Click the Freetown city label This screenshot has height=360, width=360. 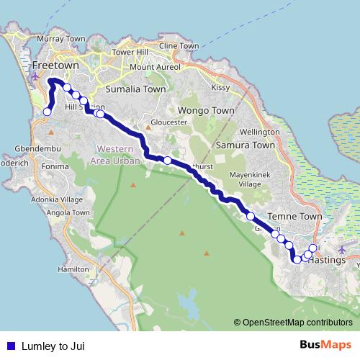[55, 66]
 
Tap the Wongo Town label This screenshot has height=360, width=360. [206, 112]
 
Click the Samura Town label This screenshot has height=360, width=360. [246, 145]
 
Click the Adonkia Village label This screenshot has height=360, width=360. [61, 200]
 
